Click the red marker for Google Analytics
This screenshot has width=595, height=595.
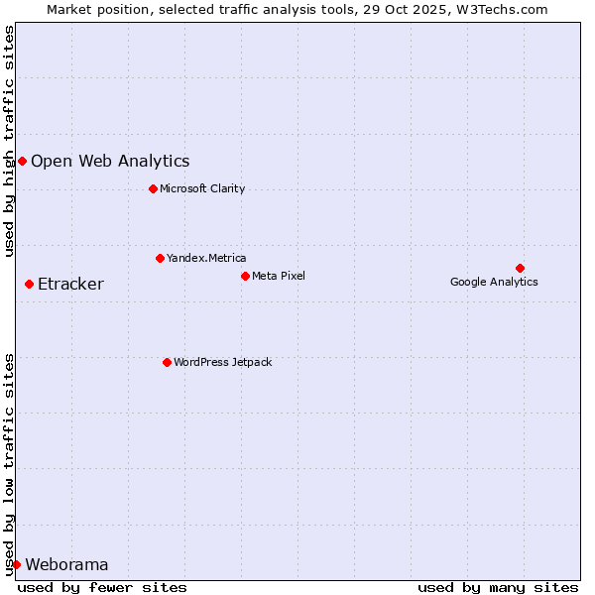click(520, 268)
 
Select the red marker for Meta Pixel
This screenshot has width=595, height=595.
click(245, 276)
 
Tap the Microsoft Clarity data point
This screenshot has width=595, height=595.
click(153, 188)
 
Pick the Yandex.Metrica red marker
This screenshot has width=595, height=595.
click(160, 258)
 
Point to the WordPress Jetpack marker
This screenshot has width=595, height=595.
click(167, 362)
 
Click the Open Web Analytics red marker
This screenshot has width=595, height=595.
click(22, 161)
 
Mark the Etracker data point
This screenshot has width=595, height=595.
click(29, 285)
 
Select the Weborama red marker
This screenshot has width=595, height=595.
click(16, 564)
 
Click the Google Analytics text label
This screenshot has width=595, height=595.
click(494, 282)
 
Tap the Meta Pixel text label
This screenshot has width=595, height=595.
click(279, 276)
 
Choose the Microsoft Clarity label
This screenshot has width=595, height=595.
click(202, 188)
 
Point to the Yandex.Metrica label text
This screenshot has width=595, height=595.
click(206, 258)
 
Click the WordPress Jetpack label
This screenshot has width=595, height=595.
click(222, 362)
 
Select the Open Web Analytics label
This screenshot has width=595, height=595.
click(110, 161)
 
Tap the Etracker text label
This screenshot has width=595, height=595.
click(70, 285)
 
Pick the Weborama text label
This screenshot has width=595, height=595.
click(66, 564)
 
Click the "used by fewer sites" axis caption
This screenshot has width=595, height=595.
click(102, 587)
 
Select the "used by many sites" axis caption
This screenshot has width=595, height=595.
click(498, 587)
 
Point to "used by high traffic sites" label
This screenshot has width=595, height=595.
click(10, 141)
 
